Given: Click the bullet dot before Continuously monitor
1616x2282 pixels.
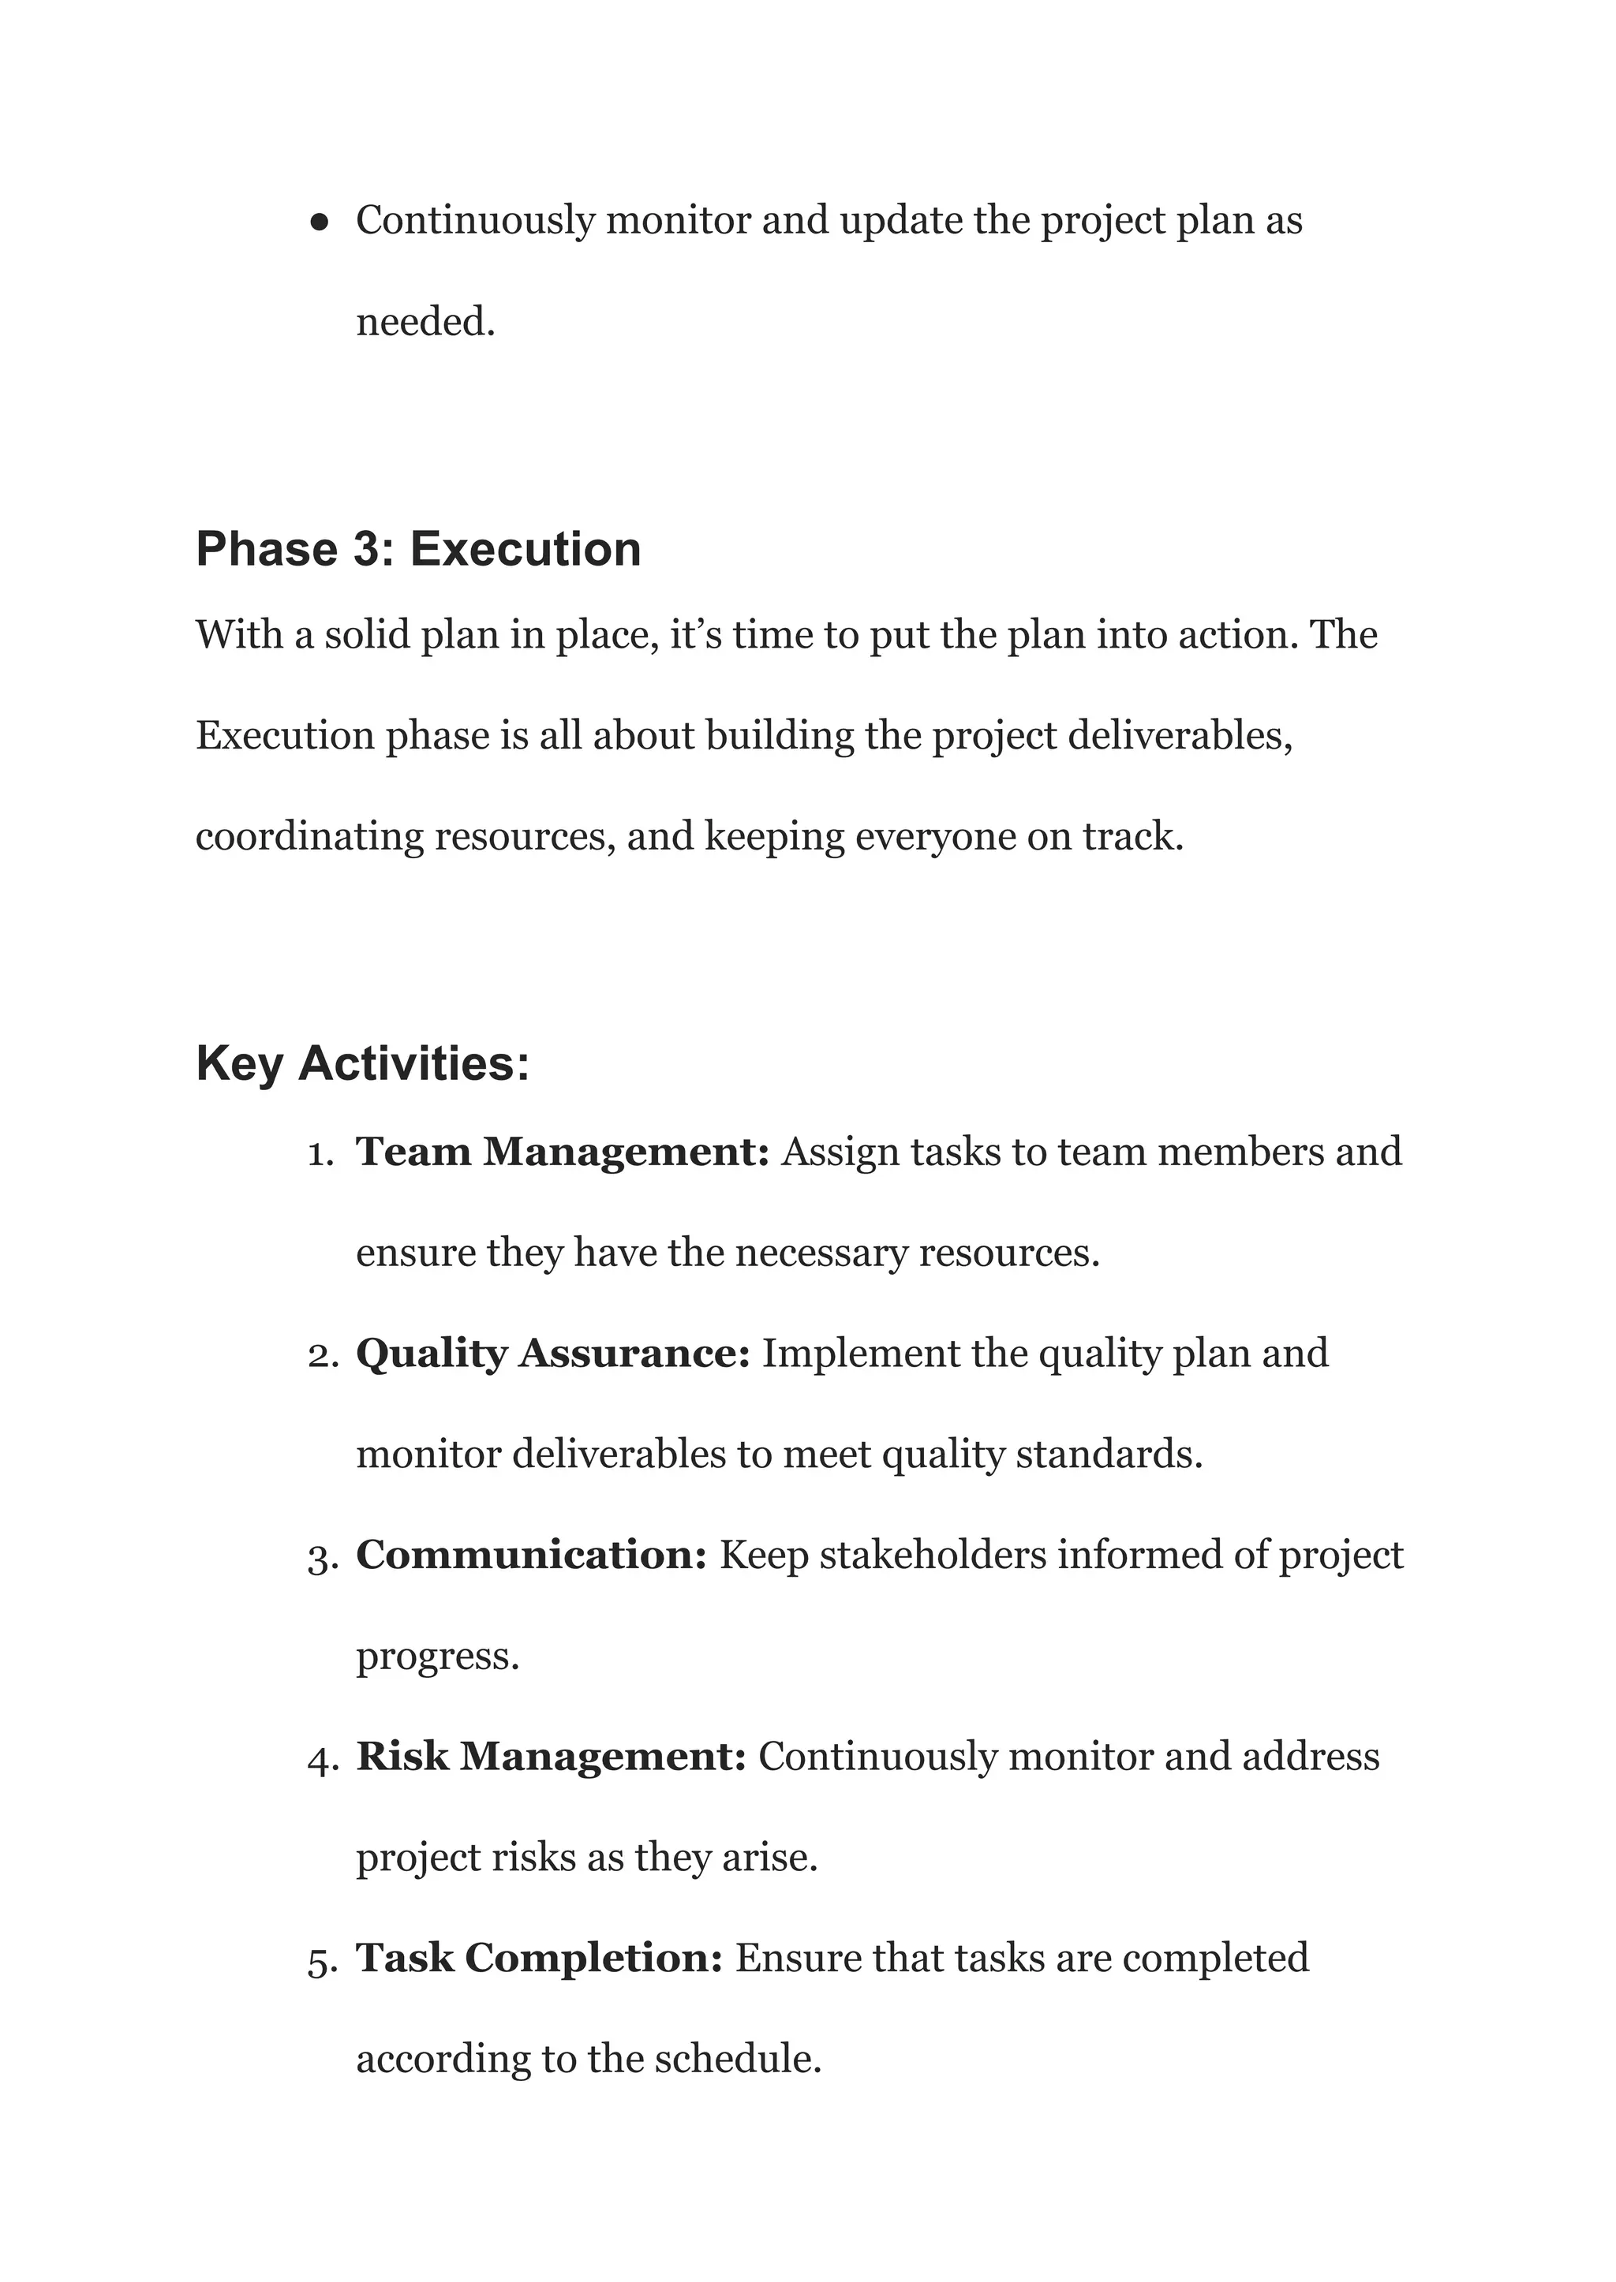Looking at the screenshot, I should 320,222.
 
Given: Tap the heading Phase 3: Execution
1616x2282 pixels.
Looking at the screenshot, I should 418,549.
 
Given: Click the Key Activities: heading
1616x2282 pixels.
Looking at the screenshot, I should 362,1063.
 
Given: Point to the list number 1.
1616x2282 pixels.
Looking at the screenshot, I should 320,1154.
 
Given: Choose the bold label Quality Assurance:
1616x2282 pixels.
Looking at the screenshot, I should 552,1354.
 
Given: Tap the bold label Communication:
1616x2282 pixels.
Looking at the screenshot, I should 531,1555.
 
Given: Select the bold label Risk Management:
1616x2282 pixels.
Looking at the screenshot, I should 550,1756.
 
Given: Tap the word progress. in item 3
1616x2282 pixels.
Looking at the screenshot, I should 438,1656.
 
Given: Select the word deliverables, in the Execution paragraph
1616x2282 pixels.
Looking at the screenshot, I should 1179,736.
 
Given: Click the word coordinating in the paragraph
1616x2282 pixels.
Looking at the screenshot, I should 309,837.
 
